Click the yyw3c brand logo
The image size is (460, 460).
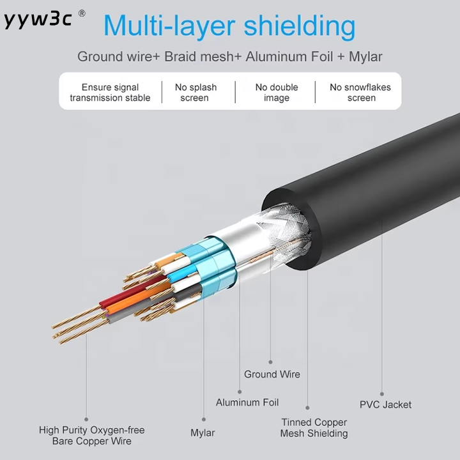pyautogui.click(x=38, y=19)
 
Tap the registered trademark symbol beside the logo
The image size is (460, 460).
pyautogui.click(x=82, y=13)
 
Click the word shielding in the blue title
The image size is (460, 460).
pyautogui.click(x=299, y=26)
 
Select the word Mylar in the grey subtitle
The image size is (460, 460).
pyautogui.click(x=365, y=57)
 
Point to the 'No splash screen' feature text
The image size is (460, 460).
pyautogui.click(x=195, y=93)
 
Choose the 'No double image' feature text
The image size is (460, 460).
pyautogui.click(x=277, y=93)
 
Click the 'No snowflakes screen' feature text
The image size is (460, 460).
pyautogui.click(x=360, y=93)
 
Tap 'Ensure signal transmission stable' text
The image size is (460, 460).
pyautogui.click(x=110, y=93)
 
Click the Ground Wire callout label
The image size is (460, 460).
pyautogui.click(x=272, y=374)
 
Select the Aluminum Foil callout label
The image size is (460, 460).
pyautogui.click(x=247, y=402)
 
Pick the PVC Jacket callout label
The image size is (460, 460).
pyautogui.click(x=385, y=405)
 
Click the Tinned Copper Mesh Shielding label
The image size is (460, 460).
pyautogui.click(x=314, y=427)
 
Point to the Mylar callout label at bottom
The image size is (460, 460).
pyautogui.click(x=203, y=433)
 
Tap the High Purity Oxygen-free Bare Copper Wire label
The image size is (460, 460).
pyautogui.click(x=92, y=436)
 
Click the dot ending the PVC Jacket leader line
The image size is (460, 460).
pyautogui.click(x=381, y=394)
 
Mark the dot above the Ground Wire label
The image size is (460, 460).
pyautogui.click(x=270, y=362)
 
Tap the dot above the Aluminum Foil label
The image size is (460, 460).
pyautogui.click(x=240, y=392)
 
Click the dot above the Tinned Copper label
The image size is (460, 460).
pyautogui.click(x=307, y=408)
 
